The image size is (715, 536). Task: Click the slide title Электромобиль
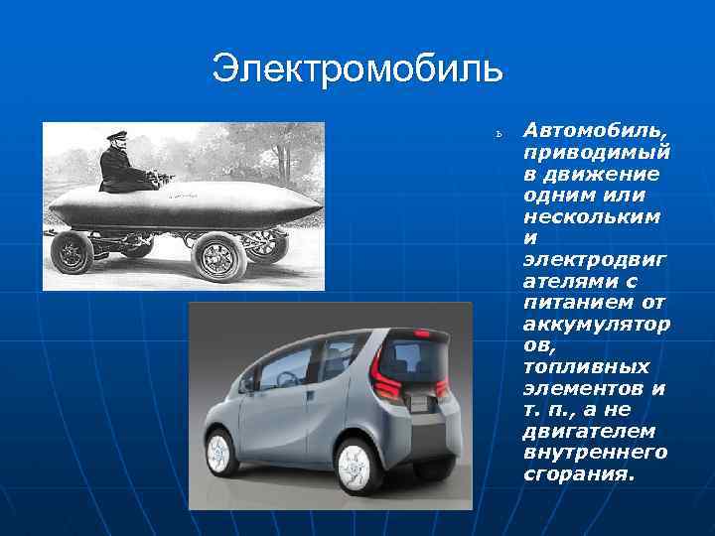(x=357, y=68)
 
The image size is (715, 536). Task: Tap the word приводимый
(x=597, y=154)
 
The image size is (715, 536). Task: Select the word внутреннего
(x=595, y=452)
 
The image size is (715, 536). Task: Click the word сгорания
(x=577, y=473)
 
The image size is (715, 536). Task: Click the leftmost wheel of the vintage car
(x=72, y=254)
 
